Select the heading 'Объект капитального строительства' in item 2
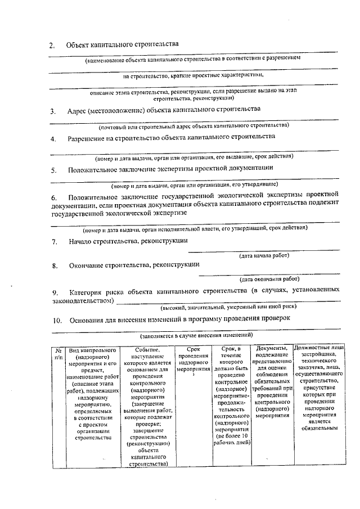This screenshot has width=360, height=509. pyautogui.click(x=122, y=44)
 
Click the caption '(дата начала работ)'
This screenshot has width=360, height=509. pyautogui.click(x=264, y=256)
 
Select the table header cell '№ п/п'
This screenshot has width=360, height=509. pyautogui.click(x=57, y=353)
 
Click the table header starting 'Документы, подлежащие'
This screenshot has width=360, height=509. pyautogui.click(x=272, y=382)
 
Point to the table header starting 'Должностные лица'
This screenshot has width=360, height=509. pyautogui.click(x=319, y=388)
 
